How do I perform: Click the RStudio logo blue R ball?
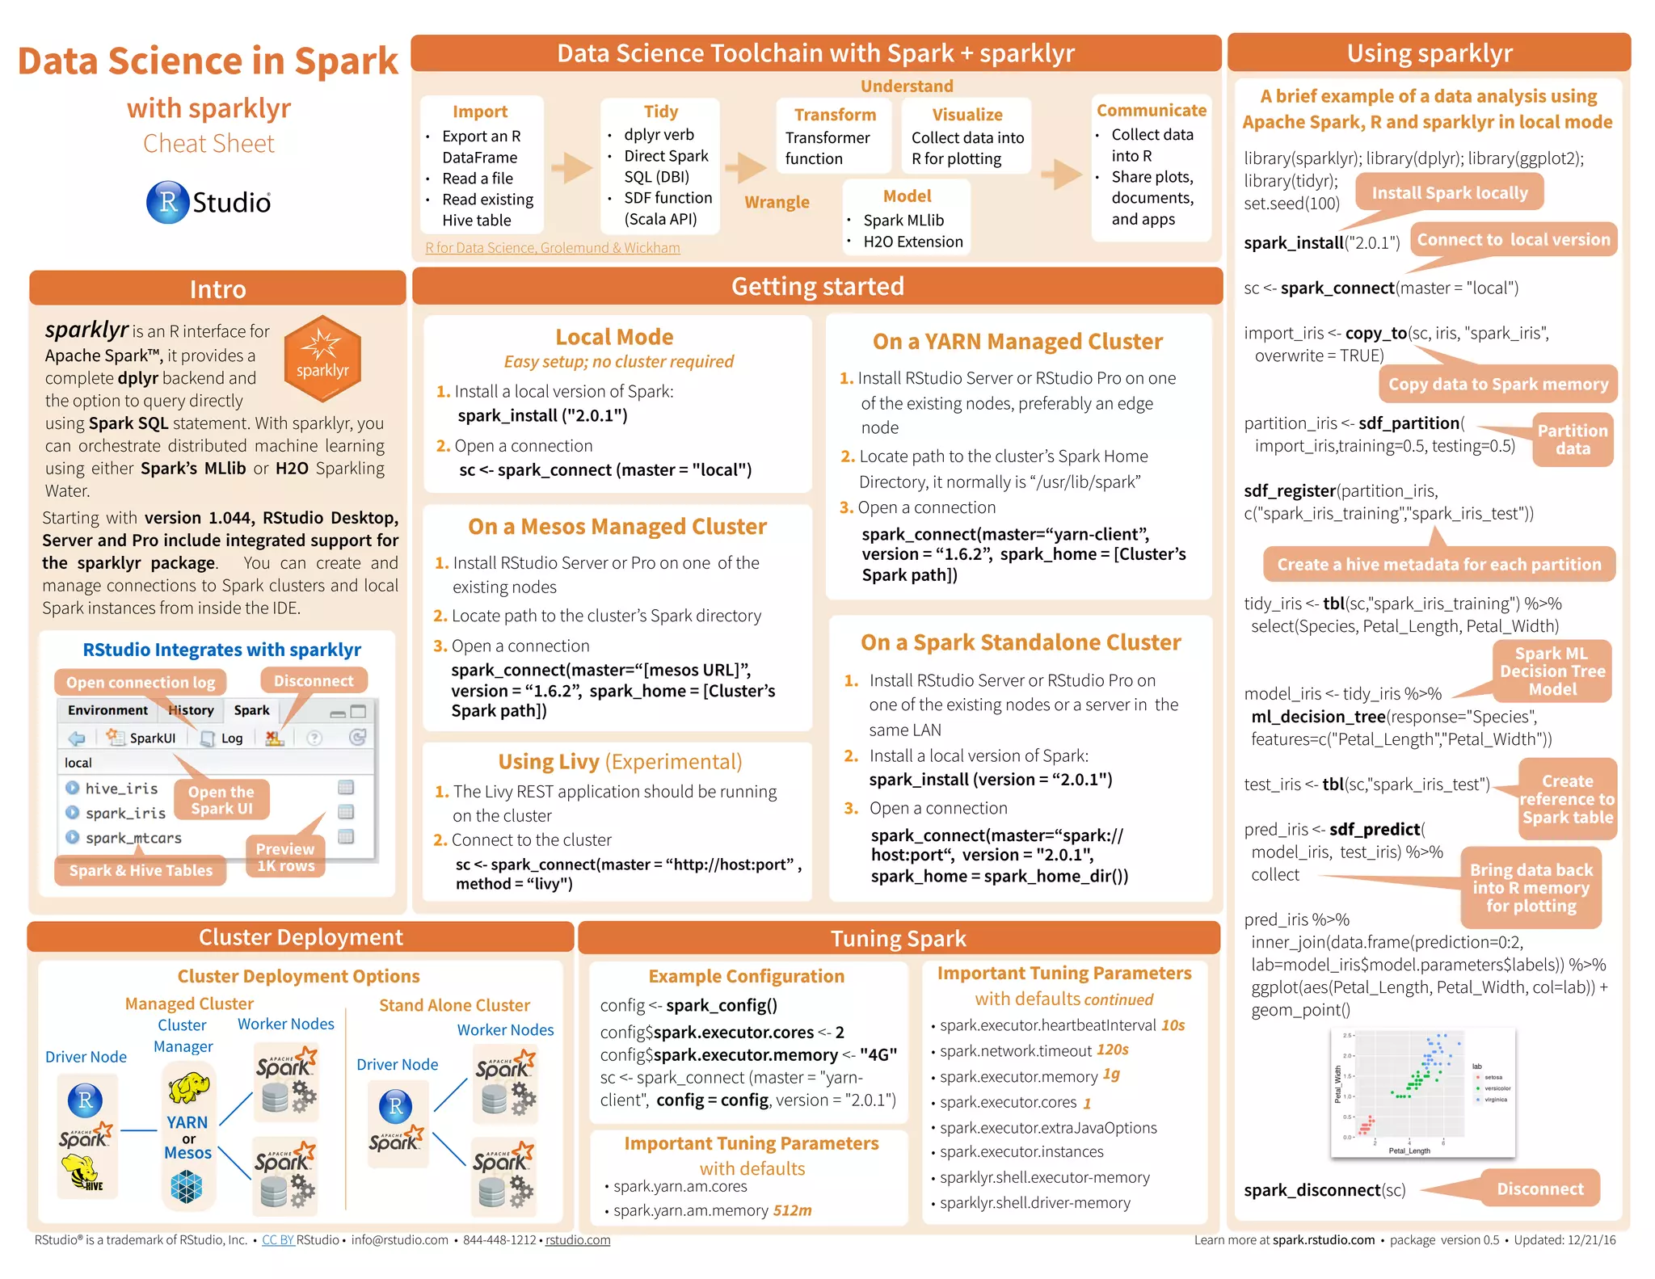167,202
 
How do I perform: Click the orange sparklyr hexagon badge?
322,359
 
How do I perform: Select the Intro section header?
217,288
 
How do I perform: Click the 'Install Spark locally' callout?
1449,192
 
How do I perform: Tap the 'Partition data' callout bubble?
1572,440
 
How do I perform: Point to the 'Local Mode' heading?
614,336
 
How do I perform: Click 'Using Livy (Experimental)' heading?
620,761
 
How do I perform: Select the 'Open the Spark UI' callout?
221,800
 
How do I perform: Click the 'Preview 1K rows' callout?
285,857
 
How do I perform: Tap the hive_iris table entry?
121,788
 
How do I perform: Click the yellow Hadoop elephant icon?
188,1088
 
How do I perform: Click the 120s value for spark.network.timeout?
1112,1050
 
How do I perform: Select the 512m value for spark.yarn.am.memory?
792,1210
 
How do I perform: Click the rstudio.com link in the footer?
578,1239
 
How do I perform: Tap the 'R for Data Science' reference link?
552,247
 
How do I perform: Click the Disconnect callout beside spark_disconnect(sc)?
1539,1189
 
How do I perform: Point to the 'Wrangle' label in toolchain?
777,202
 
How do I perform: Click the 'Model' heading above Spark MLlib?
907,196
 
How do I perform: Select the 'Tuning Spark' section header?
898,938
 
